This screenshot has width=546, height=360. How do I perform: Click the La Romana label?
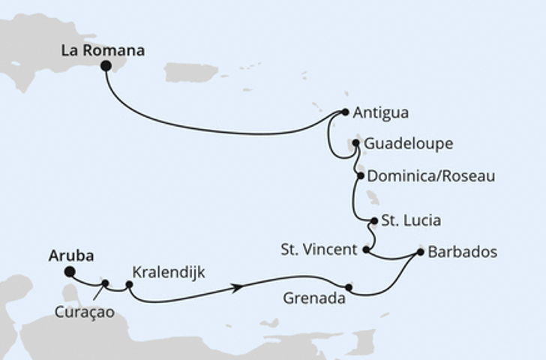(x=103, y=51)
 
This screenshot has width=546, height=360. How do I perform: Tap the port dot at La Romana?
(x=106, y=67)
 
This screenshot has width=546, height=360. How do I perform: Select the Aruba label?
(x=71, y=256)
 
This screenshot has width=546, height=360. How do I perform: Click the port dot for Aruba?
(x=69, y=272)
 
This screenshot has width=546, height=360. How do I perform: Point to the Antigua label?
(x=381, y=113)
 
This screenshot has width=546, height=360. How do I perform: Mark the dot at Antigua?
(x=345, y=112)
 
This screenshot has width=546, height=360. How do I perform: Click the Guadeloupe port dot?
(x=356, y=142)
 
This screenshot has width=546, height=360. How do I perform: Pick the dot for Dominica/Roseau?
(x=361, y=176)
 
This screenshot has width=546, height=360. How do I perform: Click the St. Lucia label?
(x=411, y=220)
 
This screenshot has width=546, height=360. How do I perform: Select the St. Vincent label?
(x=319, y=250)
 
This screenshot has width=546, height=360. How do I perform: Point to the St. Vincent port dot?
(x=365, y=250)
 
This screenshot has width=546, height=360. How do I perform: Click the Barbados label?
(x=462, y=252)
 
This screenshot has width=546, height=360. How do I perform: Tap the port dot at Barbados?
(x=420, y=253)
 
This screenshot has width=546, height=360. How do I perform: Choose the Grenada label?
(x=313, y=298)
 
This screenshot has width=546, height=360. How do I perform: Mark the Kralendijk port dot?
(x=129, y=285)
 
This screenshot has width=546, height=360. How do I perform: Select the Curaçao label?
(x=85, y=312)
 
